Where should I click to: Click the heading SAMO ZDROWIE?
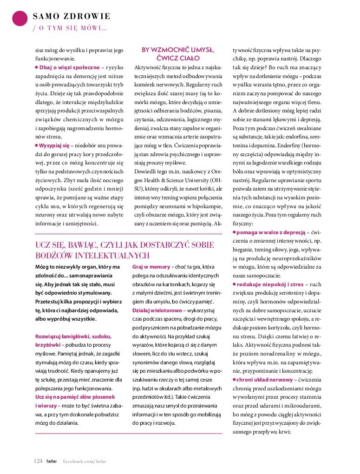pyautogui.click(x=72, y=17)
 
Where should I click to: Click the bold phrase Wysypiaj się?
pyautogui.click(x=54, y=145)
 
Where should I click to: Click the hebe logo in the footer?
pyautogui.click(x=52, y=461)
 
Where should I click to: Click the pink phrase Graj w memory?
pyautogui.click(x=151, y=267)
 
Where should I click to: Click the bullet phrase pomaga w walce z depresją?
pyautogui.click(x=270, y=231)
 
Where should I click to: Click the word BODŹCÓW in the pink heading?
pyautogui.click(x=55, y=255)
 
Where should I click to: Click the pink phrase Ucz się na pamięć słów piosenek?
pyautogui.click(x=75, y=396)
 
